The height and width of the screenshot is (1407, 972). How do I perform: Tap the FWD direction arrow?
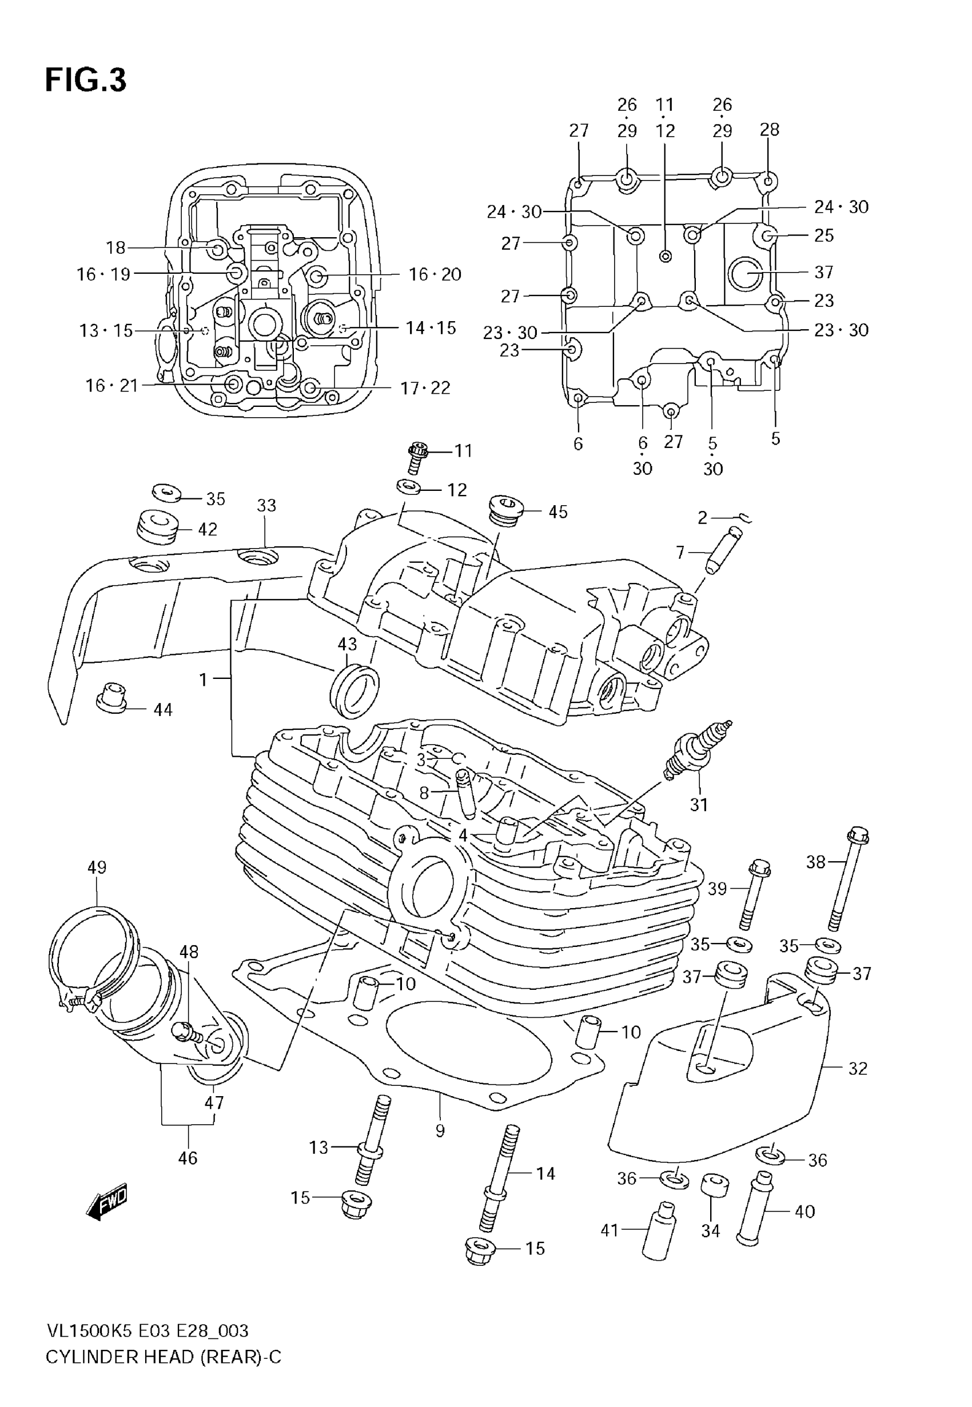point(108,1202)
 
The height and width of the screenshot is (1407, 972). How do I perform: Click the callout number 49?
point(97,867)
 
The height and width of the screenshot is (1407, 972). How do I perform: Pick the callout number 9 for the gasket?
point(440,1131)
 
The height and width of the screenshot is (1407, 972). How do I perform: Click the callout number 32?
point(858,1068)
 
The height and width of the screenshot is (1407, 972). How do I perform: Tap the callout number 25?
point(823,235)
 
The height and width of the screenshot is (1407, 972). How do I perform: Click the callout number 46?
point(188,1157)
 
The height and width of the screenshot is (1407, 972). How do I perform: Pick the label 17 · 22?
point(425,387)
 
